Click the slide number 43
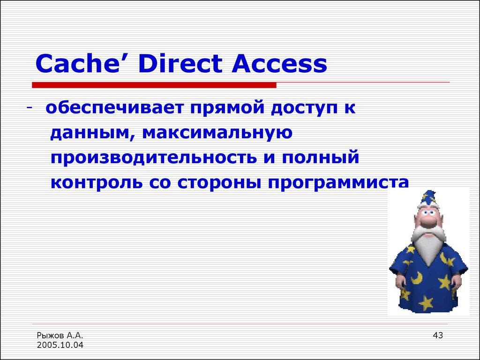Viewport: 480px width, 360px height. point(438,335)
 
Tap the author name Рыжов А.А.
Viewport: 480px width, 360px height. point(60,335)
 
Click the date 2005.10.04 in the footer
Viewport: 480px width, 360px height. point(60,345)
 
